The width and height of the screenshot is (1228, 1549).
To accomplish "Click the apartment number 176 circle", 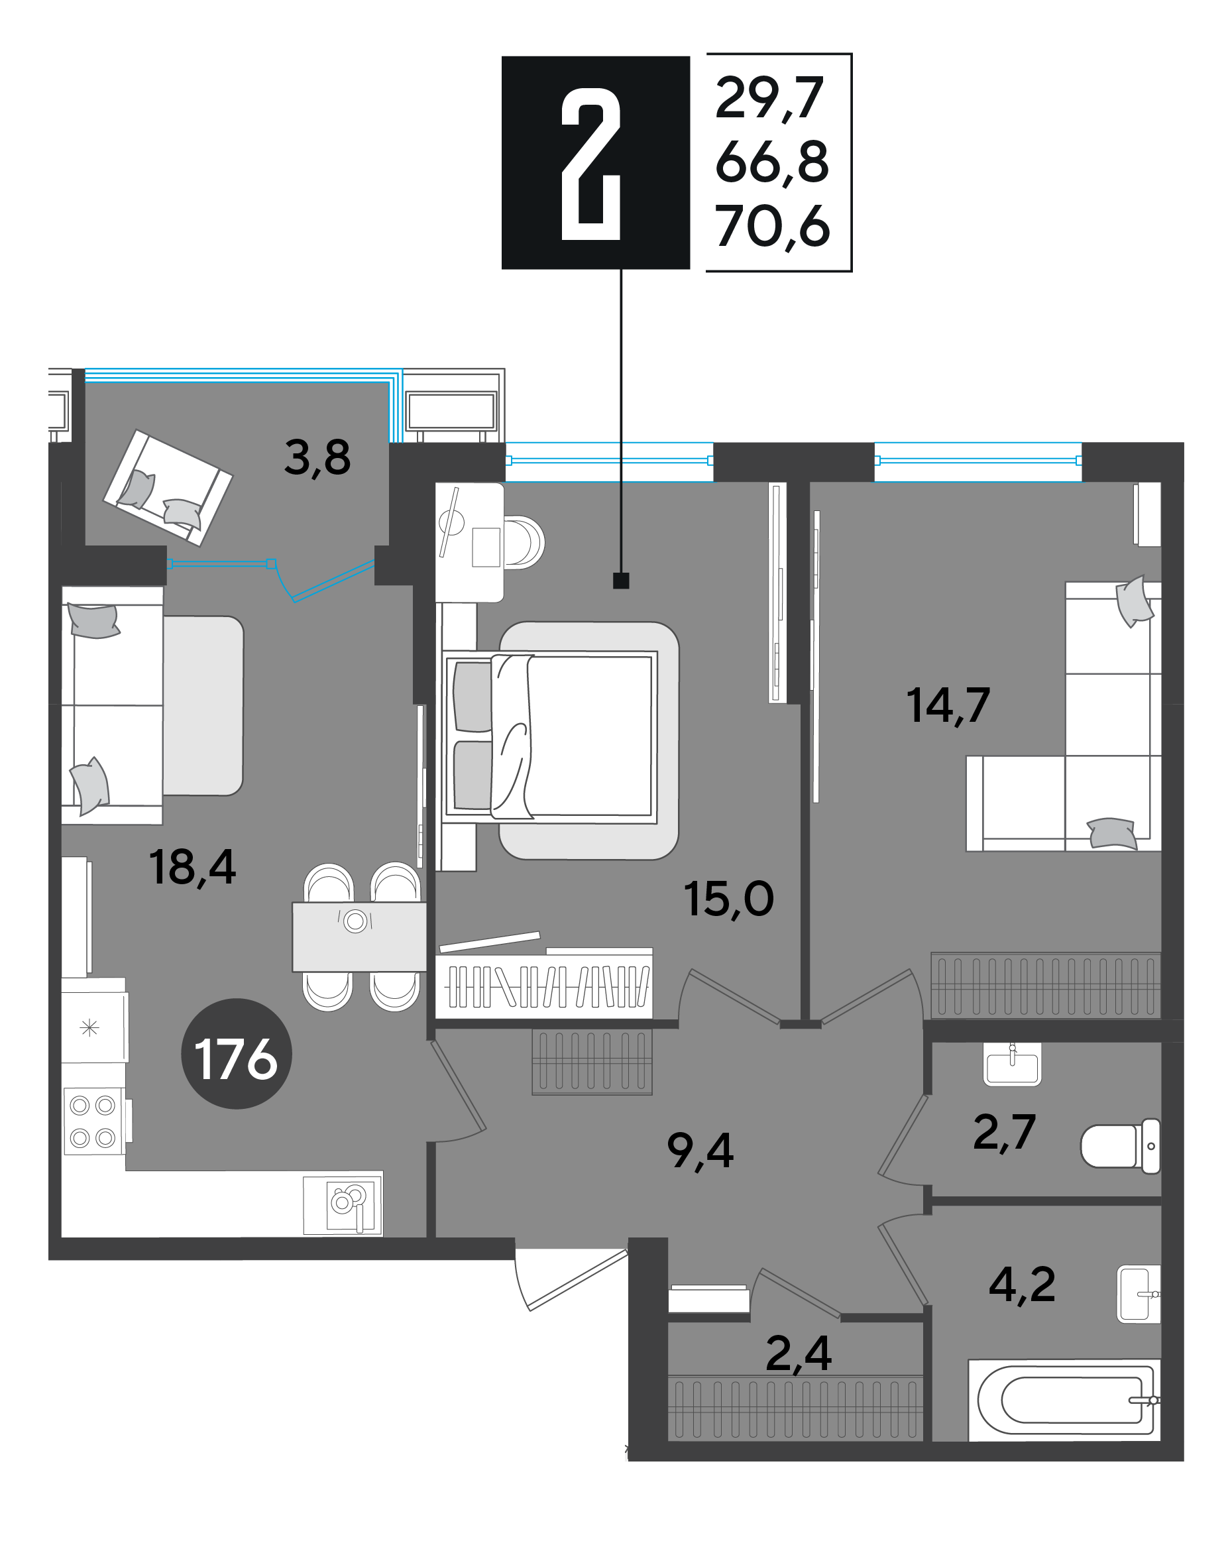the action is (x=236, y=1053).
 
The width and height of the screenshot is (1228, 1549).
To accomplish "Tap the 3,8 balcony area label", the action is (x=317, y=457).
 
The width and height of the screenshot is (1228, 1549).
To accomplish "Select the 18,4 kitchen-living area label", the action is (x=192, y=867).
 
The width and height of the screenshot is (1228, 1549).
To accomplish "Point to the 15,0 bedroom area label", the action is (x=728, y=899).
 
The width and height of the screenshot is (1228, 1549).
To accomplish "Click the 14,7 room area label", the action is (x=948, y=705).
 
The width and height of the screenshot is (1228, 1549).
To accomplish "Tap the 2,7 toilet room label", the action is (x=1004, y=1131).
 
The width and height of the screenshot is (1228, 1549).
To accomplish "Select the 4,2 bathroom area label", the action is (x=1022, y=1284).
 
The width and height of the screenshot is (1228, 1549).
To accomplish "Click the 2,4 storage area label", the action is (x=799, y=1353).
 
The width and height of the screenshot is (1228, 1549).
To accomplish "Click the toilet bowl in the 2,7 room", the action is (x=1120, y=1146).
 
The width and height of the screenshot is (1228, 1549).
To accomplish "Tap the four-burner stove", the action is (x=93, y=1121).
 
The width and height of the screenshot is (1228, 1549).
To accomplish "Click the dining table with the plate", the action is (x=359, y=936).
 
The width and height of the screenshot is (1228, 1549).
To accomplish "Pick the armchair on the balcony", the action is (x=168, y=487).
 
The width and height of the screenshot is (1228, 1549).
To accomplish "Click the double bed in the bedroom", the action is (x=551, y=736).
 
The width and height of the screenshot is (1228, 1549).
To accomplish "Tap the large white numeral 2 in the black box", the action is (x=590, y=164).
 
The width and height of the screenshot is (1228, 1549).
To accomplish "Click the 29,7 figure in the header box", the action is (x=769, y=99).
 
